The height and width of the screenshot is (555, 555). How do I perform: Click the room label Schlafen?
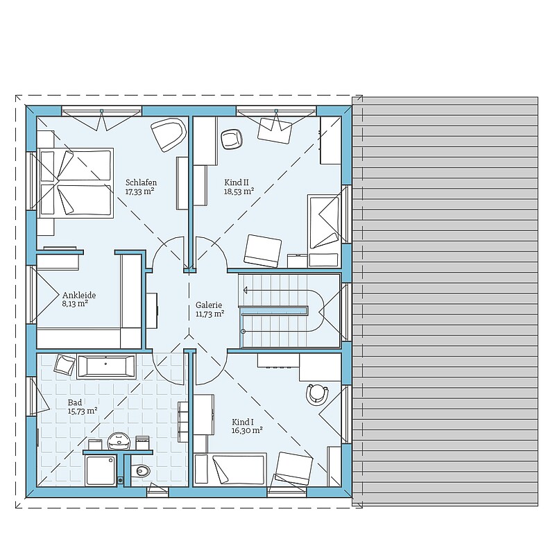tap(141, 182)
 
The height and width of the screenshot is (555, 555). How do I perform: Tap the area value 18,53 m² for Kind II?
tap(239, 191)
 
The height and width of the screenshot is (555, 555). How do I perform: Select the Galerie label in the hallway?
tap(209, 305)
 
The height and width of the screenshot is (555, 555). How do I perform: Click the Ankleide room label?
tap(79, 296)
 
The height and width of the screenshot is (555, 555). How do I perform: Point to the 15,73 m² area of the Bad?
tap(83, 411)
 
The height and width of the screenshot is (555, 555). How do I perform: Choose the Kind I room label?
tap(243, 422)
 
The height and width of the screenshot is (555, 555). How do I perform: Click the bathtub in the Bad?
tap(106, 366)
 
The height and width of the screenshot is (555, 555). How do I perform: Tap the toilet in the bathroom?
tap(141, 470)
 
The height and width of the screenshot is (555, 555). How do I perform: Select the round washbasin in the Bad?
tap(119, 441)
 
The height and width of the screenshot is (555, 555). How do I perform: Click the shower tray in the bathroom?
tap(101, 470)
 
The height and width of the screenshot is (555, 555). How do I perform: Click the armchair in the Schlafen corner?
tap(169, 135)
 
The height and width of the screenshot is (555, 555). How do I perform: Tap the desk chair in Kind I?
tap(317, 393)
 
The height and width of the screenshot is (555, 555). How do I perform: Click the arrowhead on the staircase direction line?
tap(246, 291)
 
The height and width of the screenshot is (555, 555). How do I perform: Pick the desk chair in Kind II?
tap(232, 139)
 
